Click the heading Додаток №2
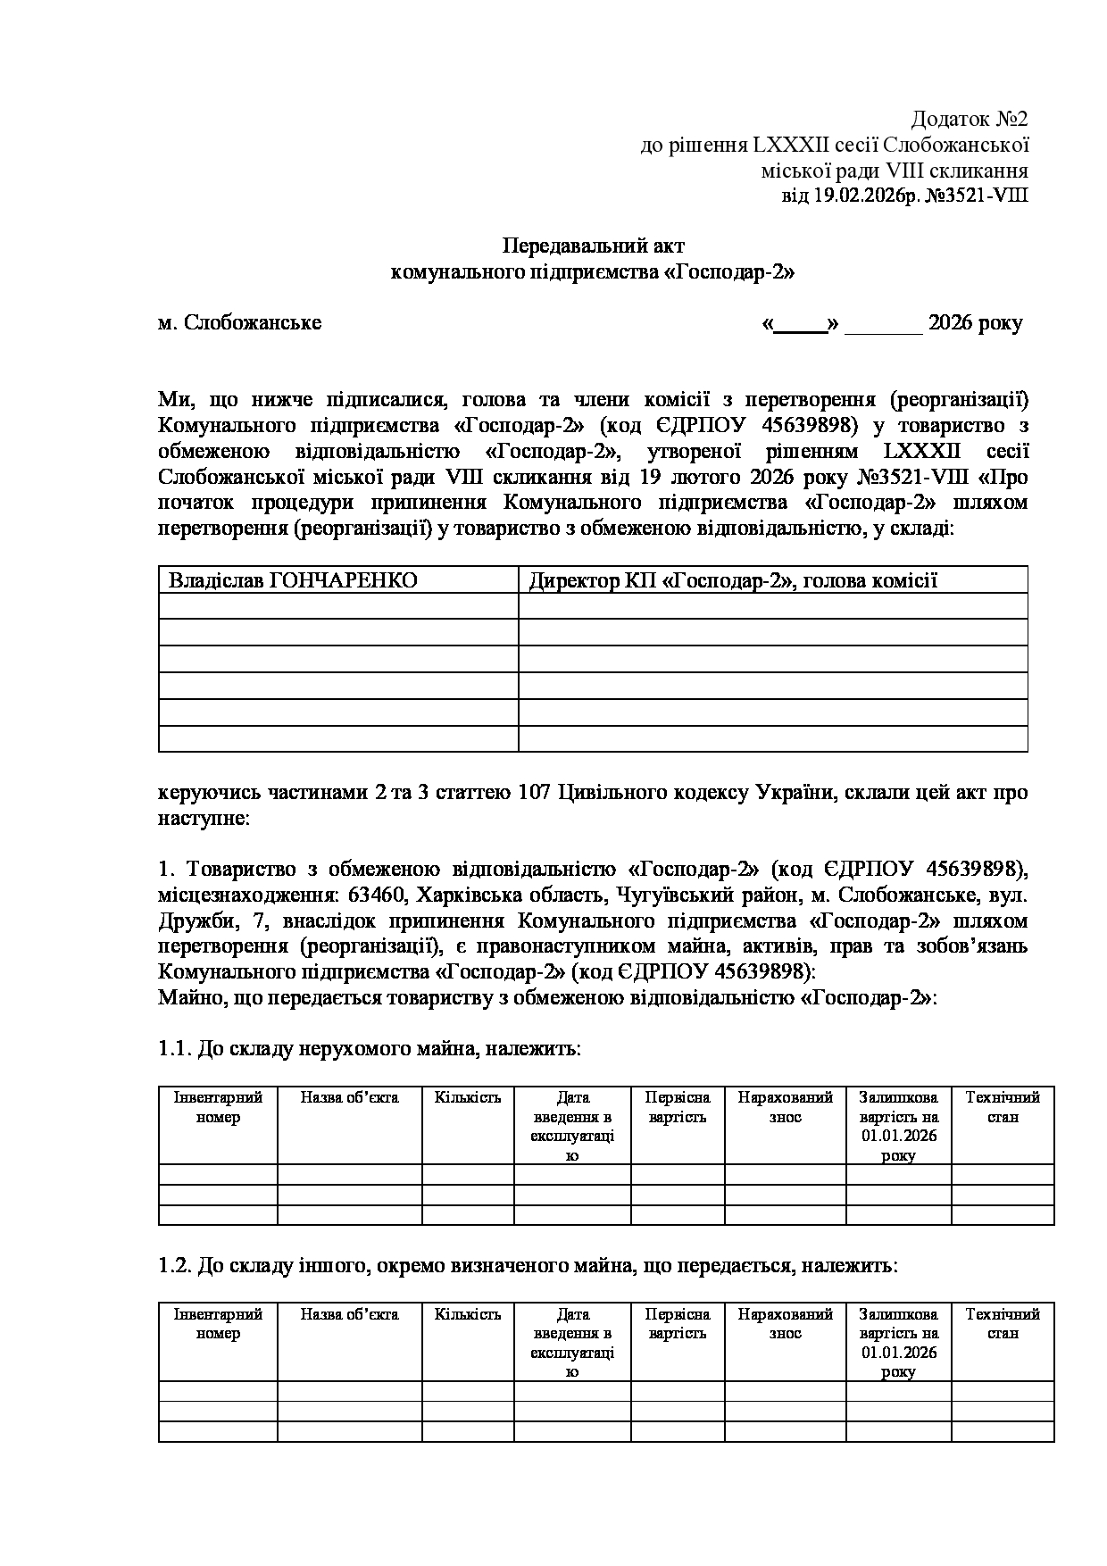[x=969, y=120]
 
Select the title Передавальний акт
[x=594, y=246]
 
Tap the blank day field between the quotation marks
[x=801, y=324]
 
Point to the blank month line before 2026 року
[x=883, y=324]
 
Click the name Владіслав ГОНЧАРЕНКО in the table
[x=293, y=581]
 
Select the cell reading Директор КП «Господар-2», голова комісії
[x=733, y=581]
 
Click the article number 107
[x=534, y=793]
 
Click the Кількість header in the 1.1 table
[x=468, y=1098]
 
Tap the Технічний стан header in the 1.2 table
[x=1003, y=1324]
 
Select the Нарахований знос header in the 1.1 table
[x=785, y=1107]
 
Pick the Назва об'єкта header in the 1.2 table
[x=349, y=1315]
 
